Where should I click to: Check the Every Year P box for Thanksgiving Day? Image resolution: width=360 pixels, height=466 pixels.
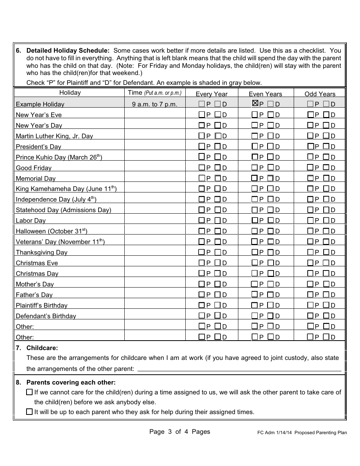[202, 252]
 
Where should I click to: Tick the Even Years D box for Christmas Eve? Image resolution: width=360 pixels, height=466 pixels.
[271, 263]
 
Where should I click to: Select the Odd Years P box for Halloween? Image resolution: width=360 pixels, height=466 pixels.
[310, 231]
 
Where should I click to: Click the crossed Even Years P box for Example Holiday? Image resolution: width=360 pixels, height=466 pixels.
[255, 103]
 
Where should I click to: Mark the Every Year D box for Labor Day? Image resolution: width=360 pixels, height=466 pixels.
[218, 220]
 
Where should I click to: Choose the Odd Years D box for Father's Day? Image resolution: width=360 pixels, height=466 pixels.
[326, 294]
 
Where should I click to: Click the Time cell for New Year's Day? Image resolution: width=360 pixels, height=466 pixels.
[155, 125]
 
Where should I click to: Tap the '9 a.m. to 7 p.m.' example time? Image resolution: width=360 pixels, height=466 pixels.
[155, 104]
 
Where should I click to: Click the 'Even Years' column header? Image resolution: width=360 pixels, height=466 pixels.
[265, 94]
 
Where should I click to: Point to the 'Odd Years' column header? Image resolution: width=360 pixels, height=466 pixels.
[320, 94]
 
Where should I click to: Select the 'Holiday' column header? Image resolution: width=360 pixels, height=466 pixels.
[70, 92]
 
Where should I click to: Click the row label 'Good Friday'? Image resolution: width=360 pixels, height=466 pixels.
[34, 168]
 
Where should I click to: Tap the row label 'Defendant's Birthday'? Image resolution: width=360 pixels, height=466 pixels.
[46, 316]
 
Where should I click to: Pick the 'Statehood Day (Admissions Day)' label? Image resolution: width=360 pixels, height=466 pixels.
[63, 210]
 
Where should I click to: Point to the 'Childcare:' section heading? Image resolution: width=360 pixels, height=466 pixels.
[42, 348]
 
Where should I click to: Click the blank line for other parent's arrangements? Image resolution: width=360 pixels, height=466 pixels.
[239, 369]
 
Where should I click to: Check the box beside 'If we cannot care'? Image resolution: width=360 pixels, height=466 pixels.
[29, 392]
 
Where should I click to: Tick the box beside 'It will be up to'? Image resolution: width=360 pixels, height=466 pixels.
[29, 412]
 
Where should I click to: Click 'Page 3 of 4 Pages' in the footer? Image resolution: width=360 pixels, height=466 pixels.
[180, 432]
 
